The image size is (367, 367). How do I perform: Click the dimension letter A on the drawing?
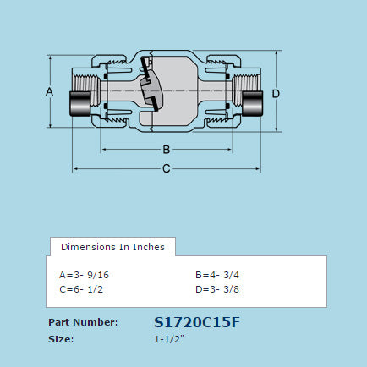[49, 90]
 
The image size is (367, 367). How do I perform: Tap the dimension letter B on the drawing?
[167, 150]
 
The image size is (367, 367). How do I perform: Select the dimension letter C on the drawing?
[167, 168]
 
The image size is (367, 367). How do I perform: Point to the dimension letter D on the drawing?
[276, 92]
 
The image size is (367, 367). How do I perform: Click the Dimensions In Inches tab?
[113, 247]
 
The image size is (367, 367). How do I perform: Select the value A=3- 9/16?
[85, 275]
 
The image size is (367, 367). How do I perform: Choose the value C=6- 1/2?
[81, 289]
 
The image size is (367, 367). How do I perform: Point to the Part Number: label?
[83, 322]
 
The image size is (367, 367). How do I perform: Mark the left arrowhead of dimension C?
[76, 168]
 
